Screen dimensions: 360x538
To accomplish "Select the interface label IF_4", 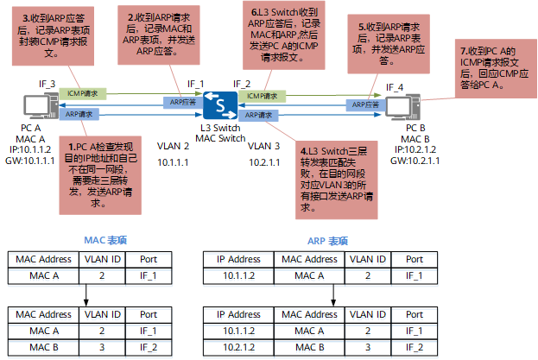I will click(395, 87).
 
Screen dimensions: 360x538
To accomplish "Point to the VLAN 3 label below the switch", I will click(264, 146).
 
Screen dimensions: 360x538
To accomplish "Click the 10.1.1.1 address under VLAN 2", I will click(174, 162).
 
